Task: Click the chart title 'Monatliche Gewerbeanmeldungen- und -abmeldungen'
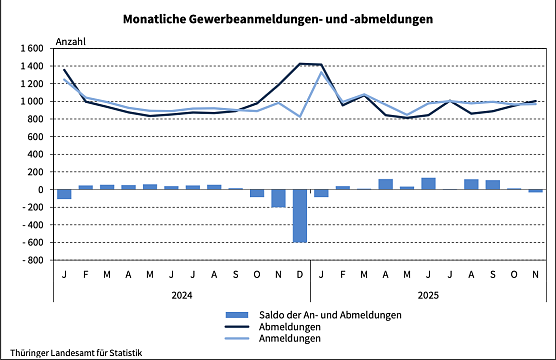[x=279, y=19]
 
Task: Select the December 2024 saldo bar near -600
[x=300, y=215]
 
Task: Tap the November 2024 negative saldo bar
[x=278, y=198]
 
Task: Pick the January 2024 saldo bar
[x=64, y=194]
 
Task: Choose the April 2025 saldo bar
[x=386, y=184]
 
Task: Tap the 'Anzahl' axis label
[x=72, y=42]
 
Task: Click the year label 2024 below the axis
[x=182, y=295]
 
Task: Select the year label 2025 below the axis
[x=429, y=295]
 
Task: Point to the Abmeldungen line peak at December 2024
[x=300, y=64]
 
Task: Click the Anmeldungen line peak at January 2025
[x=321, y=72]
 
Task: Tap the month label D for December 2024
[x=300, y=274]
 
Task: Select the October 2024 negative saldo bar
[x=257, y=193]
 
